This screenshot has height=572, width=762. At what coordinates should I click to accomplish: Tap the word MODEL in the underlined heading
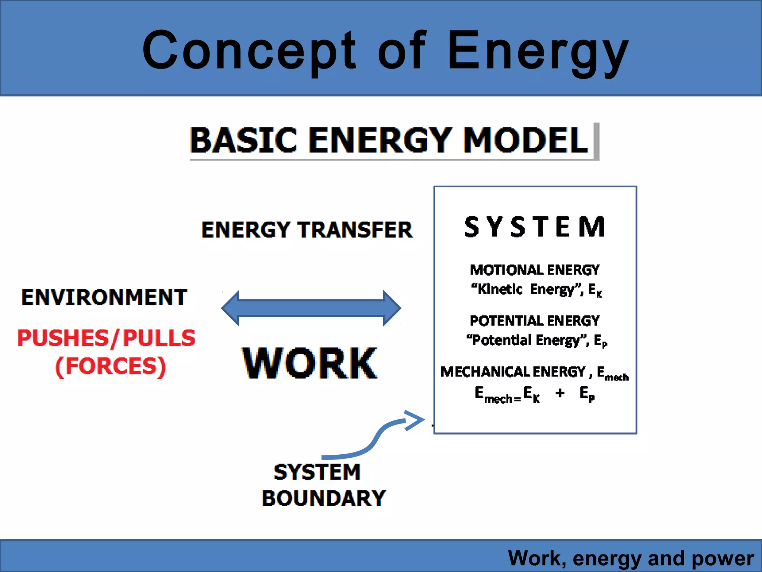coord(525,140)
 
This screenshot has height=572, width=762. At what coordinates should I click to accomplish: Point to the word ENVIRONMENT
coord(104,298)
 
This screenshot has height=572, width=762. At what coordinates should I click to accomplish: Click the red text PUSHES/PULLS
coord(106,338)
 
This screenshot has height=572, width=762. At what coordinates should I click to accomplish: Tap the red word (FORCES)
coord(111,366)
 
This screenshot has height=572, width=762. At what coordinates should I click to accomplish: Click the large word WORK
coord(310,363)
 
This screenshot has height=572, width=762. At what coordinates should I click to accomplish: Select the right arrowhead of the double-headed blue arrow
coord(391,308)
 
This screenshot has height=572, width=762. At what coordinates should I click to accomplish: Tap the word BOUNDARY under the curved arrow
coord(324,498)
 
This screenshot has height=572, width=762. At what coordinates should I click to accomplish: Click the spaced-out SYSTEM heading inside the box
coord(535,227)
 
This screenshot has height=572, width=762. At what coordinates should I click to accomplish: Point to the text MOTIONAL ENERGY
coord(535,270)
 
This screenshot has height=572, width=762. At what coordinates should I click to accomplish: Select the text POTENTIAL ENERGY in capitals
coord(535,321)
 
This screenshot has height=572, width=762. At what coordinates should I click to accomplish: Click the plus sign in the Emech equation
coord(560,393)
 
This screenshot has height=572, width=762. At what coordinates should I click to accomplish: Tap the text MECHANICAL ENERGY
coord(513,372)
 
